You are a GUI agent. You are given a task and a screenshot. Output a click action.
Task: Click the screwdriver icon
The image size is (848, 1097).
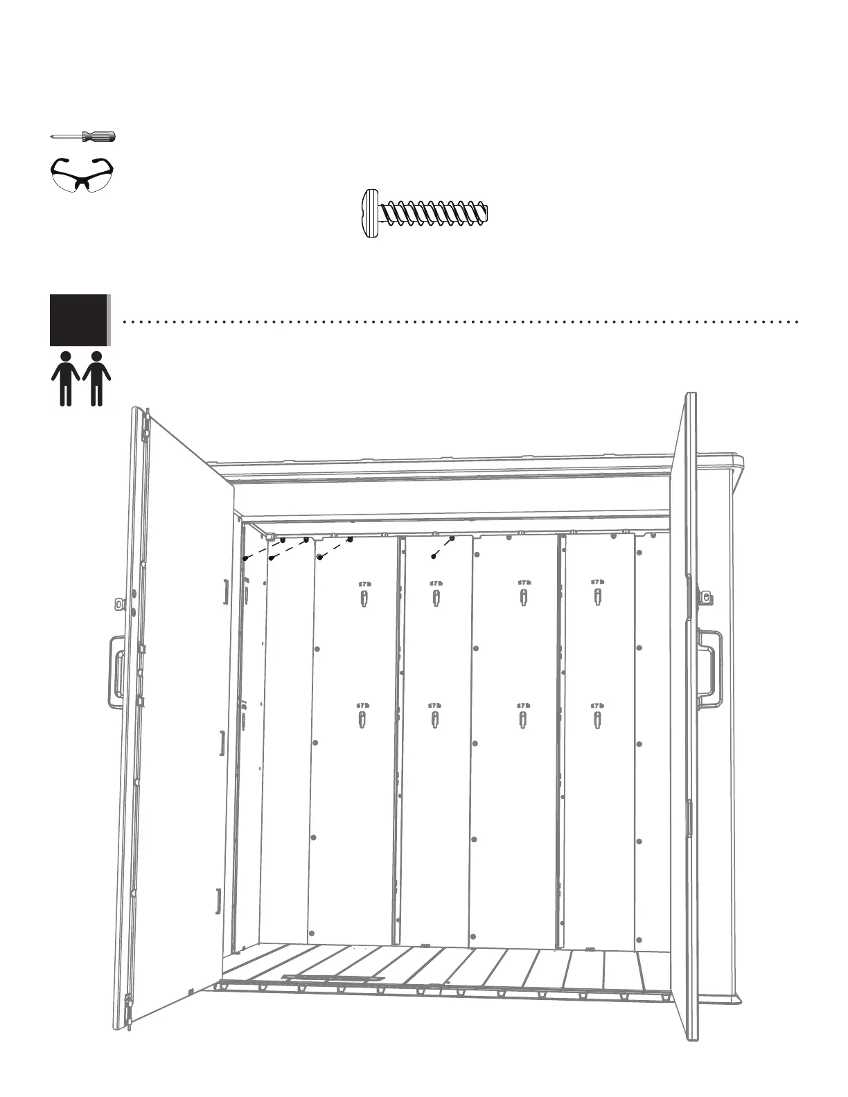click(x=83, y=136)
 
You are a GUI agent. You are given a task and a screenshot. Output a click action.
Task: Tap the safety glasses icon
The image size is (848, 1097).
click(x=82, y=173)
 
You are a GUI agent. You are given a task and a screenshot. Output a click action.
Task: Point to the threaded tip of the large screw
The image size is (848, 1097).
click(x=484, y=213)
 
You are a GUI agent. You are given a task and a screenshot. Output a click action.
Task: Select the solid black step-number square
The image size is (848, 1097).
click(x=78, y=320)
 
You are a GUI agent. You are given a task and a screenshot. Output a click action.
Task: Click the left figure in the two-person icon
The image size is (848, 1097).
click(x=66, y=378)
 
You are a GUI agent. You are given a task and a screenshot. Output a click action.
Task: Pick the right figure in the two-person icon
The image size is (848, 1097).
click(x=96, y=378)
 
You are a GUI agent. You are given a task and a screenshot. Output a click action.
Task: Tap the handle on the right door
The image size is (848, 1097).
click(x=711, y=661)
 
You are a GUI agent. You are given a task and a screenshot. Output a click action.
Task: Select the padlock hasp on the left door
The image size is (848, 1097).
click(x=121, y=604)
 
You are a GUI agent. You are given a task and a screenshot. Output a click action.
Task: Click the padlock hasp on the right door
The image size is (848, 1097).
click(x=706, y=596)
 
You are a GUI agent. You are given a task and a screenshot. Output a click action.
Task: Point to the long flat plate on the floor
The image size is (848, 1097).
click(x=333, y=979)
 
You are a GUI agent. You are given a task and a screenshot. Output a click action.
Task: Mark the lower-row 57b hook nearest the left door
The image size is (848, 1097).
click(x=362, y=719)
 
